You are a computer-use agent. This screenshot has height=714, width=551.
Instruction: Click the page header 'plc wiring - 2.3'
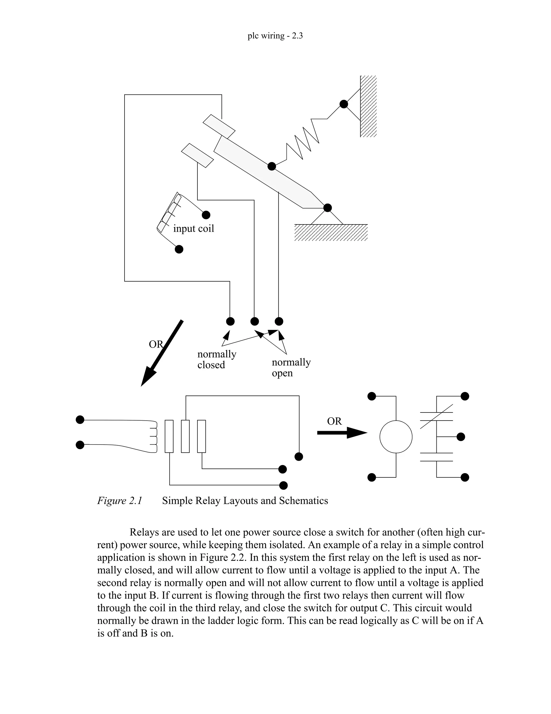(x=275, y=36)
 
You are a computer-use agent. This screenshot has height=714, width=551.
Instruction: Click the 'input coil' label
(x=193, y=228)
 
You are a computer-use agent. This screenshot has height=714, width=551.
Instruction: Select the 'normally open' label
(x=291, y=367)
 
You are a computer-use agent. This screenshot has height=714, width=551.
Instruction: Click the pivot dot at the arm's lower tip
(x=327, y=207)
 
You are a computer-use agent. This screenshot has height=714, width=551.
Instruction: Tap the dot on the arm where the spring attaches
(x=271, y=166)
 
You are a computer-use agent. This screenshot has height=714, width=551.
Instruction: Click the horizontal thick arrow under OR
(x=341, y=432)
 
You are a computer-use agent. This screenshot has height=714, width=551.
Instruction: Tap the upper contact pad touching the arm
(x=219, y=127)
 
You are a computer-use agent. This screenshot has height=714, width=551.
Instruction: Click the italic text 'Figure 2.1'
(x=119, y=501)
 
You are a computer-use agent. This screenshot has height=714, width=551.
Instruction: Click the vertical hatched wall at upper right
(x=368, y=106)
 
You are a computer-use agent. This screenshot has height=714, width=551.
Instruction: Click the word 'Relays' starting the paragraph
(x=144, y=532)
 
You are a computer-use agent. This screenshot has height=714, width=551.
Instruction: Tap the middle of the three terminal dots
(x=254, y=321)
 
